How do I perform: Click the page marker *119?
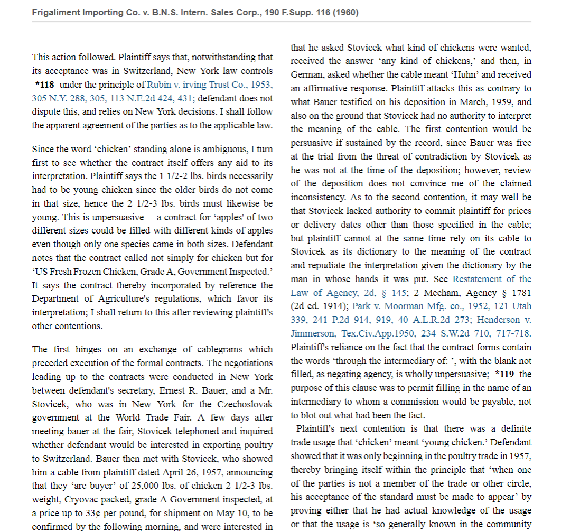[x=506, y=375]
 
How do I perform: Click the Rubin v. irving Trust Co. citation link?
[x=210, y=85]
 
